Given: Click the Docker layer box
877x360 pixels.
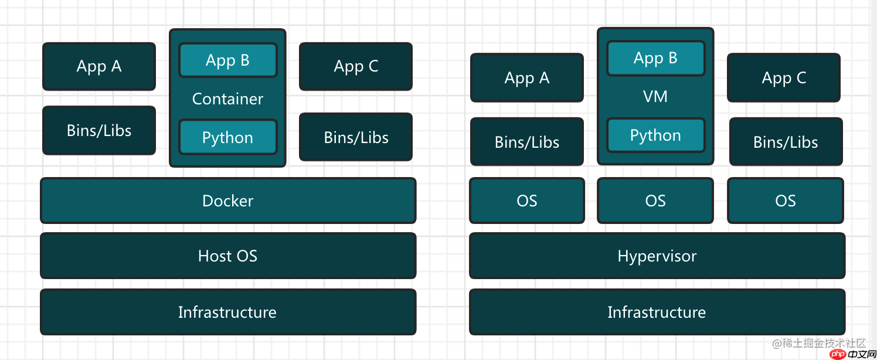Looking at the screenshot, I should (227, 201).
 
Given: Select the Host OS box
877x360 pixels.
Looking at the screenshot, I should (227, 256).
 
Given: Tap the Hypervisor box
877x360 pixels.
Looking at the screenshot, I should (657, 256).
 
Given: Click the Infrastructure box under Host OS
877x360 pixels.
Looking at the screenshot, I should (227, 312).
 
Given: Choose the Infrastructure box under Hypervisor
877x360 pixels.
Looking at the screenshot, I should (657, 312).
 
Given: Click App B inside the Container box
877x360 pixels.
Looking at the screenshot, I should (227, 60).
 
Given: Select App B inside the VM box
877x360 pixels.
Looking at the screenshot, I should (655, 58).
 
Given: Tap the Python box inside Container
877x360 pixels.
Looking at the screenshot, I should (227, 137).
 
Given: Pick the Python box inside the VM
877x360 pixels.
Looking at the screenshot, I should (655, 135).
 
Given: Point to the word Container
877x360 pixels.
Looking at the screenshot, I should (227, 99).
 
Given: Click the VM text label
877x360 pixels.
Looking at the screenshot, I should (655, 96).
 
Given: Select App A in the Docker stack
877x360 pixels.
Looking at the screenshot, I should (99, 66).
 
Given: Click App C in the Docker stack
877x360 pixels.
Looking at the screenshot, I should (356, 66).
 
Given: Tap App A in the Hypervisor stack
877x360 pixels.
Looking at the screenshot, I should (527, 77).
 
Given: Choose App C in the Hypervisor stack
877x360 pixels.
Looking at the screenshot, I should (784, 77).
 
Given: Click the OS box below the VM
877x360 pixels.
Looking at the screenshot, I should (655, 201).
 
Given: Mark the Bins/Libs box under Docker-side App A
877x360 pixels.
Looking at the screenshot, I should (99, 130).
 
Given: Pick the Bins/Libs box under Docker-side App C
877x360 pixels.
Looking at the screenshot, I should (356, 137).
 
